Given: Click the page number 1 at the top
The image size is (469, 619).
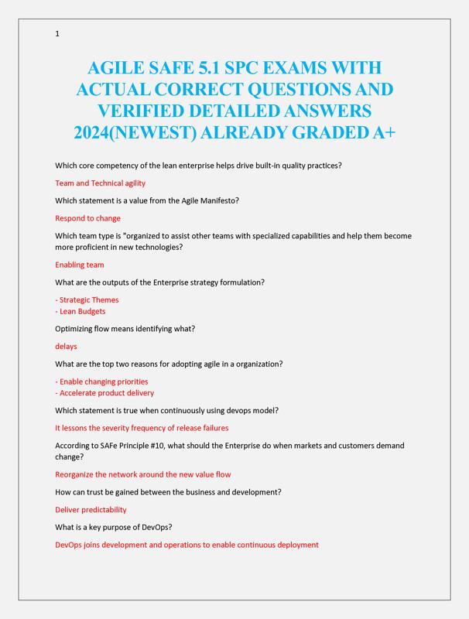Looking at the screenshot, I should [57, 34].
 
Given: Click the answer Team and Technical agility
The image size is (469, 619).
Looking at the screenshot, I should [100, 183].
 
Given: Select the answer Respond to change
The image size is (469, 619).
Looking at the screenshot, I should [87, 218].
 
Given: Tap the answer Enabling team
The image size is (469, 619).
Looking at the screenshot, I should [79, 265].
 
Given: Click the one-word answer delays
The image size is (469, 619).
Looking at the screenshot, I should [66, 346].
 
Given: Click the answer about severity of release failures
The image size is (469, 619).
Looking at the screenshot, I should [142, 428].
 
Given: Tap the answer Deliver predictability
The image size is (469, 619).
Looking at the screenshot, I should [91, 510].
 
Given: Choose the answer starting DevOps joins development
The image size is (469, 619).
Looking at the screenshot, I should [187, 545].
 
